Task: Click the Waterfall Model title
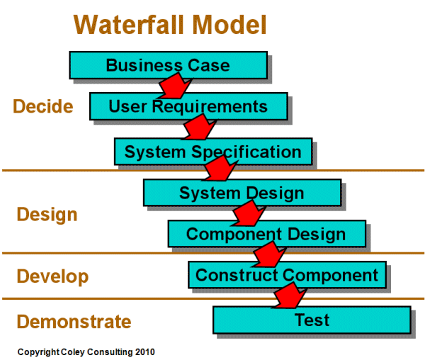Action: point(170,24)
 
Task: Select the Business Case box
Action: point(168,65)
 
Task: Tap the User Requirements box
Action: point(188,107)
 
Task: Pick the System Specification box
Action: point(212,151)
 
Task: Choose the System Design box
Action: point(241,193)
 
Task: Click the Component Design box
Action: point(266,234)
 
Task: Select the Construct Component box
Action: point(287,274)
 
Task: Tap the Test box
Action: point(312,320)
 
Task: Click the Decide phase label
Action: point(42,106)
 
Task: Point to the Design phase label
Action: point(47,214)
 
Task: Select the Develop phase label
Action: point(52,276)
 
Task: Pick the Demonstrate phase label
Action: point(74,321)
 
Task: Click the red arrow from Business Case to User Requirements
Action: point(172,87)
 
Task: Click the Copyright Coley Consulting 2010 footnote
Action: point(86,351)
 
